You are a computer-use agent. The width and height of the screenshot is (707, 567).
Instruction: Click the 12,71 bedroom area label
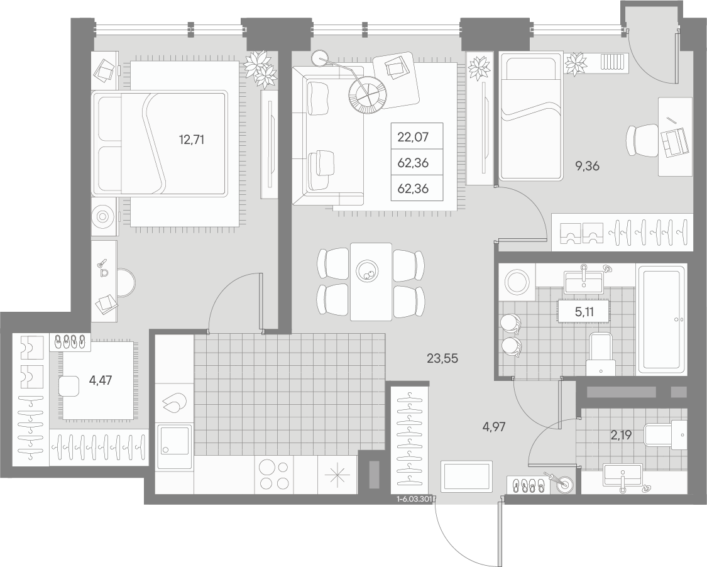(x=192, y=140)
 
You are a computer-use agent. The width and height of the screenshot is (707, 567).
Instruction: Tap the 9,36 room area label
(x=586, y=166)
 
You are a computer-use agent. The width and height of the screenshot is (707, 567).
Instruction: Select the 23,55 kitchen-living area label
(x=442, y=358)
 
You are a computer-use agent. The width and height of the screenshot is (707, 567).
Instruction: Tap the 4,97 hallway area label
(x=494, y=426)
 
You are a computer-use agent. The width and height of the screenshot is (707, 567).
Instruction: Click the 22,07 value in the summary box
(x=413, y=136)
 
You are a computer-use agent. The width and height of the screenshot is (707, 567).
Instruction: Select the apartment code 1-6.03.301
(x=414, y=499)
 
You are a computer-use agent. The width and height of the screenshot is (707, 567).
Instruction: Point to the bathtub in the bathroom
(x=662, y=319)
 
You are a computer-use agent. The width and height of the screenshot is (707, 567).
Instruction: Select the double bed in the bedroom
(x=159, y=144)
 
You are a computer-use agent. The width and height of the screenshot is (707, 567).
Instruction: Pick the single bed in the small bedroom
(x=530, y=116)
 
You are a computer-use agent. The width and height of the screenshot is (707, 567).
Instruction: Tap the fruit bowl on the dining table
(x=368, y=272)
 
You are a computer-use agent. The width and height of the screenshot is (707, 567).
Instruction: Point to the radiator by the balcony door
(x=613, y=62)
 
